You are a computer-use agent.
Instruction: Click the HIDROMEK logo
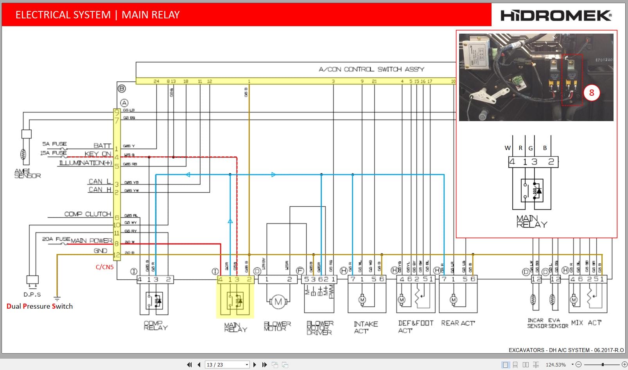point(556,16)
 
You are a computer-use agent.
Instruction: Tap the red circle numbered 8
point(591,93)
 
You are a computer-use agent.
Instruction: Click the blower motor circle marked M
point(278,301)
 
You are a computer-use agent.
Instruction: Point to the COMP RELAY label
point(155,325)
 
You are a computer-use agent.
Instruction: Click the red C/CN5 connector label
point(104,267)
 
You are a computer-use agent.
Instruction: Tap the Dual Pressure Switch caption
point(39,306)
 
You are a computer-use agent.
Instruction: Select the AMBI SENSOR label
point(27,173)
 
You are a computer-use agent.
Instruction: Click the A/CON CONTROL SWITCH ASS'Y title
point(371,69)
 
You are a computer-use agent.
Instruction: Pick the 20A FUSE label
point(56,239)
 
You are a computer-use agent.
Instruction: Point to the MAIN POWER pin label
point(91,241)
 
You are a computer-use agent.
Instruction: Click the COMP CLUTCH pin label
point(88,214)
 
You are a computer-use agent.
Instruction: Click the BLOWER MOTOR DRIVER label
point(319,328)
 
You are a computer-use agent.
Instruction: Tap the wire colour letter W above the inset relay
point(508,148)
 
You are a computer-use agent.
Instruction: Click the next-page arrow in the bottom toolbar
point(255,365)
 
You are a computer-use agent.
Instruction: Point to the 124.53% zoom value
point(556,365)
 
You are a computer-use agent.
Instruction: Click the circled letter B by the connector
point(122,89)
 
